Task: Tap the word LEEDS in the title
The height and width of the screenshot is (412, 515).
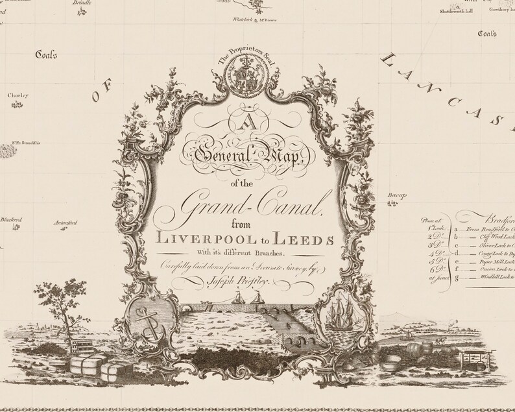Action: click(309, 238)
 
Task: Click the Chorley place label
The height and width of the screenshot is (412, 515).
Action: click(18, 95)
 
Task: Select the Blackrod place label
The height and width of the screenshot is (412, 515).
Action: click(11, 220)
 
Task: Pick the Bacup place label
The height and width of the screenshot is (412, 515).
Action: click(397, 195)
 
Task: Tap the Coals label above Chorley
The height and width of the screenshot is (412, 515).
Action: click(47, 55)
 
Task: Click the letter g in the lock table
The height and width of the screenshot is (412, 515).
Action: click(457, 278)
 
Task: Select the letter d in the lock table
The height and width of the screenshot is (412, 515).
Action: click(457, 253)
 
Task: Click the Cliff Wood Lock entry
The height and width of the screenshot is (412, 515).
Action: click(493, 237)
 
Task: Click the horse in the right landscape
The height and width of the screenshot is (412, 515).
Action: click(438, 339)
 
